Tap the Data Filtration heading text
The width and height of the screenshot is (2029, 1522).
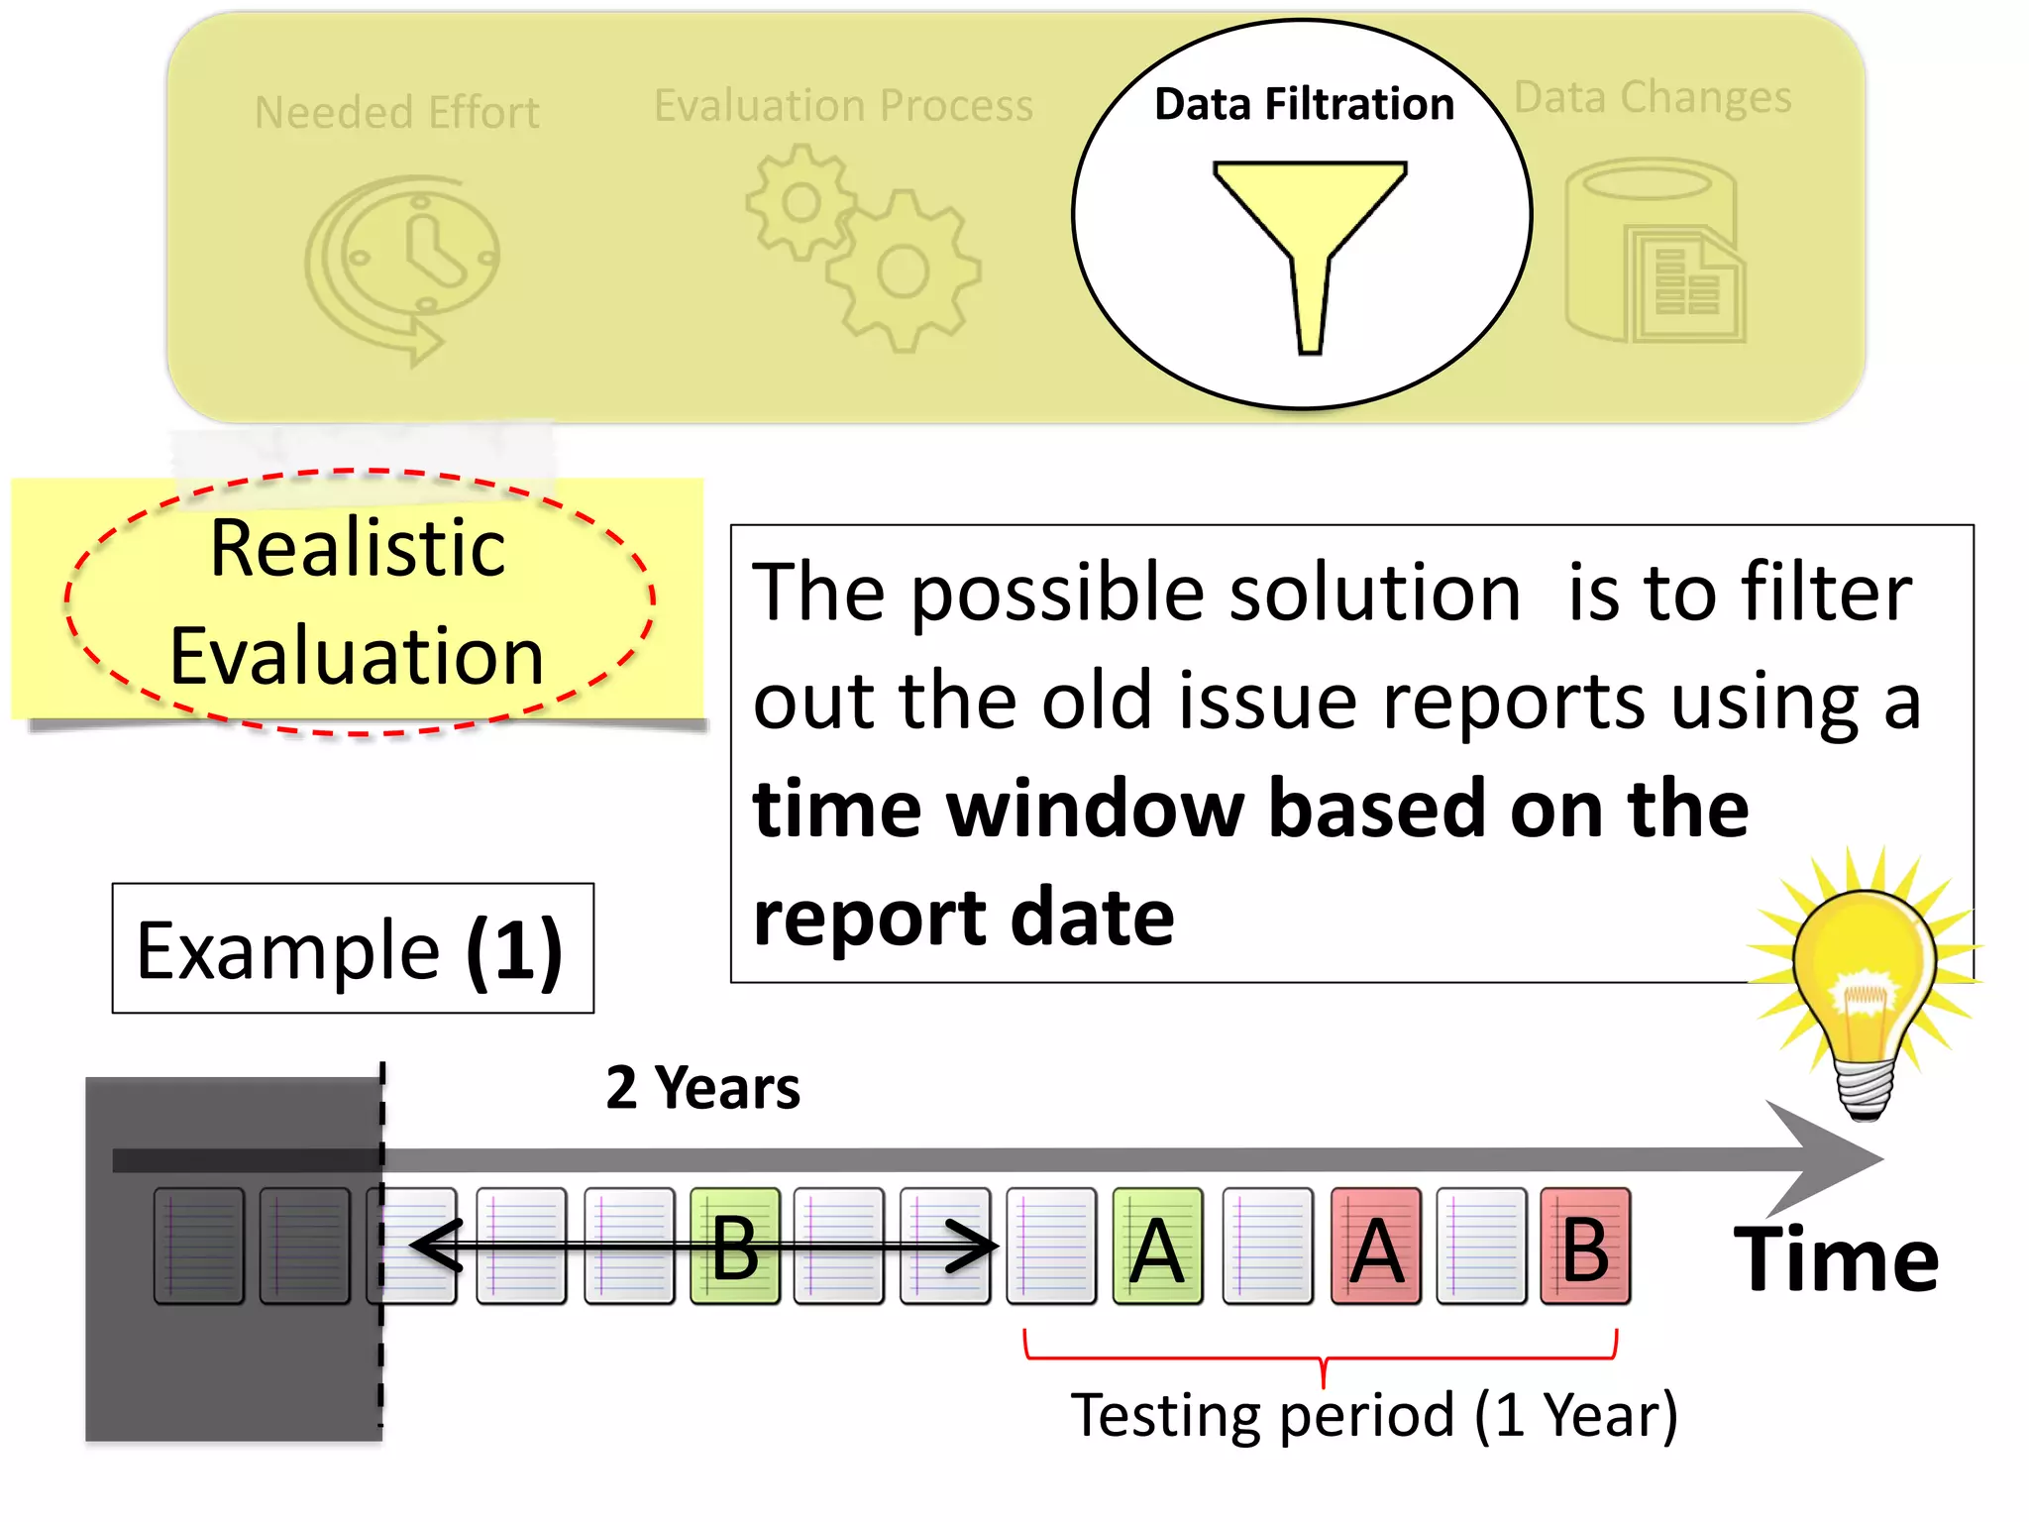tap(1304, 104)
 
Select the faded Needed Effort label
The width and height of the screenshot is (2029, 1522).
tap(396, 112)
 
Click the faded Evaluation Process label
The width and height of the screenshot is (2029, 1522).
tap(843, 105)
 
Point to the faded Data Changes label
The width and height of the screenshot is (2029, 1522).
tap(1653, 97)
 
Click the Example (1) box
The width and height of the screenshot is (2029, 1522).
tap(353, 948)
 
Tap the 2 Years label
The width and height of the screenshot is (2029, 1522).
tap(702, 1088)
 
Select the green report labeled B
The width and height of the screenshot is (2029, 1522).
tap(734, 1247)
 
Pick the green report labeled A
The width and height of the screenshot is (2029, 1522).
tap(1157, 1247)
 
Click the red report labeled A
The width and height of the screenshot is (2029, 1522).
tap(1375, 1247)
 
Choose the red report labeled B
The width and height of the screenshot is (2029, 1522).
tap(1585, 1247)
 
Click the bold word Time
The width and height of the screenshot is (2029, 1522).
tap(1836, 1259)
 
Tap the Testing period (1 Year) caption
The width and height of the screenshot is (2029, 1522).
tap(1373, 1414)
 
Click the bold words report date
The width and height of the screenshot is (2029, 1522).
tap(963, 917)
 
